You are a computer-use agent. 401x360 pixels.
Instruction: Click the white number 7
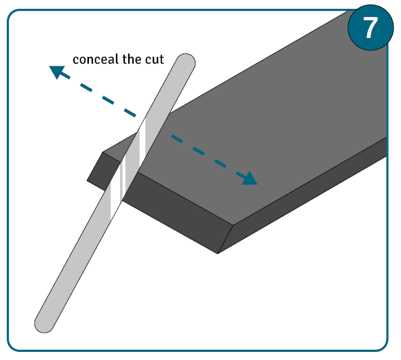coord(370,28)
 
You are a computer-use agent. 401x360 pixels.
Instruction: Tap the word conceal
coord(96,59)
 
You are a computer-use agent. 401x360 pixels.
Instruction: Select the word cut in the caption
coord(155,59)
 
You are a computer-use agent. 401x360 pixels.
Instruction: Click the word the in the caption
coord(132,59)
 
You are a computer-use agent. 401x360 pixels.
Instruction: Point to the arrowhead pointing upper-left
coord(56,71)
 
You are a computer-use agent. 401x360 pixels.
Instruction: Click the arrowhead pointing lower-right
coord(249,178)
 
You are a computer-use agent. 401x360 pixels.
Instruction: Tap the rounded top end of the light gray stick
coord(186,61)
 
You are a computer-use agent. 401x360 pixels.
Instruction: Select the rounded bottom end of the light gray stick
coord(44,325)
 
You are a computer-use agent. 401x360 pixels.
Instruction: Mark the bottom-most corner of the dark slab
coord(217,254)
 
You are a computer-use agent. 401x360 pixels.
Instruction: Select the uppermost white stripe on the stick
coord(142,140)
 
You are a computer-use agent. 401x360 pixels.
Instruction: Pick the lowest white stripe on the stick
coord(111,201)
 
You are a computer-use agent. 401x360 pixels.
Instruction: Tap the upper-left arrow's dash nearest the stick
coord(130,113)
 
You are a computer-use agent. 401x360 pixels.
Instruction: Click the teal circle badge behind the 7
coord(370,28)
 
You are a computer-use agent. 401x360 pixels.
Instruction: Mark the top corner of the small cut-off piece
coord(102,153)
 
